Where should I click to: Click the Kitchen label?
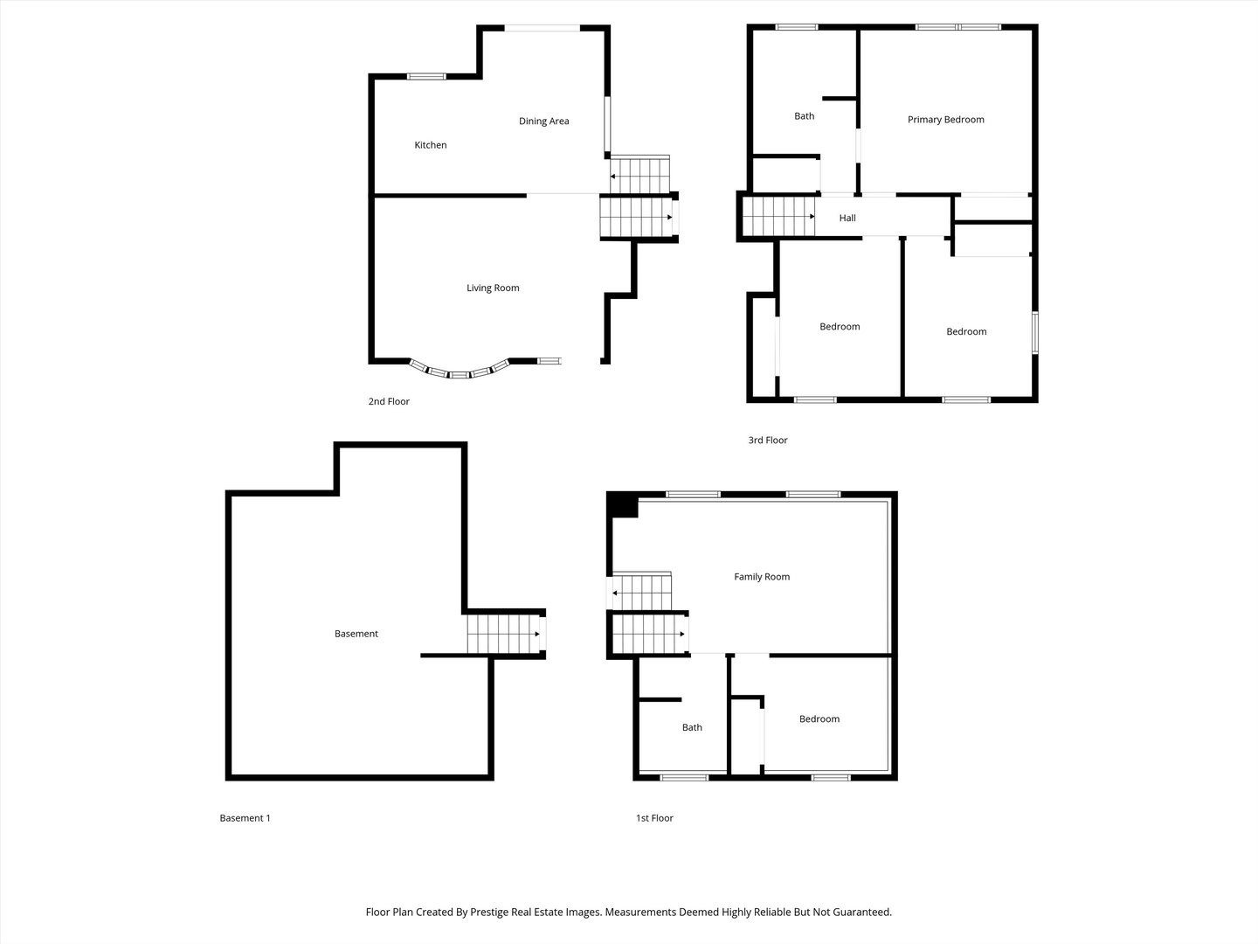[x=430, y=145]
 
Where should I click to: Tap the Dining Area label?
[x=543, y=121]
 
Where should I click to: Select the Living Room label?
[x=493, y=288]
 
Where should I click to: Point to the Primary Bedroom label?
[x=945, y=120]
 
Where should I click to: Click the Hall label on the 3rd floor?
[x=847, y=219]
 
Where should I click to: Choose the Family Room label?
[x=761, y=577]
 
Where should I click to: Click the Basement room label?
[x=356, y=634]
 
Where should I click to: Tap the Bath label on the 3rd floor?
[x=804, y=116]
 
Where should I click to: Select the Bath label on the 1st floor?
[x=692, y=727]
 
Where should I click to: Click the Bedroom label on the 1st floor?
[x=819, y=719]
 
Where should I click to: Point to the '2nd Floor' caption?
[x=389, y=402]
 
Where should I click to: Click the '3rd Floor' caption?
[x=767, y=441]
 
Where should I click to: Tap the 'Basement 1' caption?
[x=245, y=818]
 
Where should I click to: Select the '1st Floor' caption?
[x=654, y=818]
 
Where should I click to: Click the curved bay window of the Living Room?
[x=460, y=371]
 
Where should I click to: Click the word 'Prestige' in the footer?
[x=491, y=912]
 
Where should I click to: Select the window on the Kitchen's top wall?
[x=426, y=77]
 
